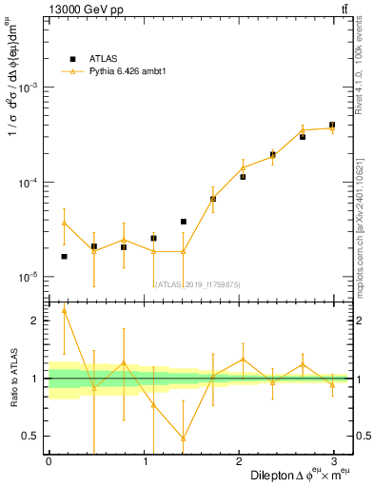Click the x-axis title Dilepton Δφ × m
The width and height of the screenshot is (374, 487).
tap(299, 475)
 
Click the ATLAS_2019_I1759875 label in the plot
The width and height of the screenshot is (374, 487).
tap(200, 283)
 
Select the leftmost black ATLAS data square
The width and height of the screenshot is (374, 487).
tap(64, 257)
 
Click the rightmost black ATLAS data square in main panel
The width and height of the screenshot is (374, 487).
tap(332, 125)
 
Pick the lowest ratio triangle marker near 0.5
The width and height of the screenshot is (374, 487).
tap(183, 438)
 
